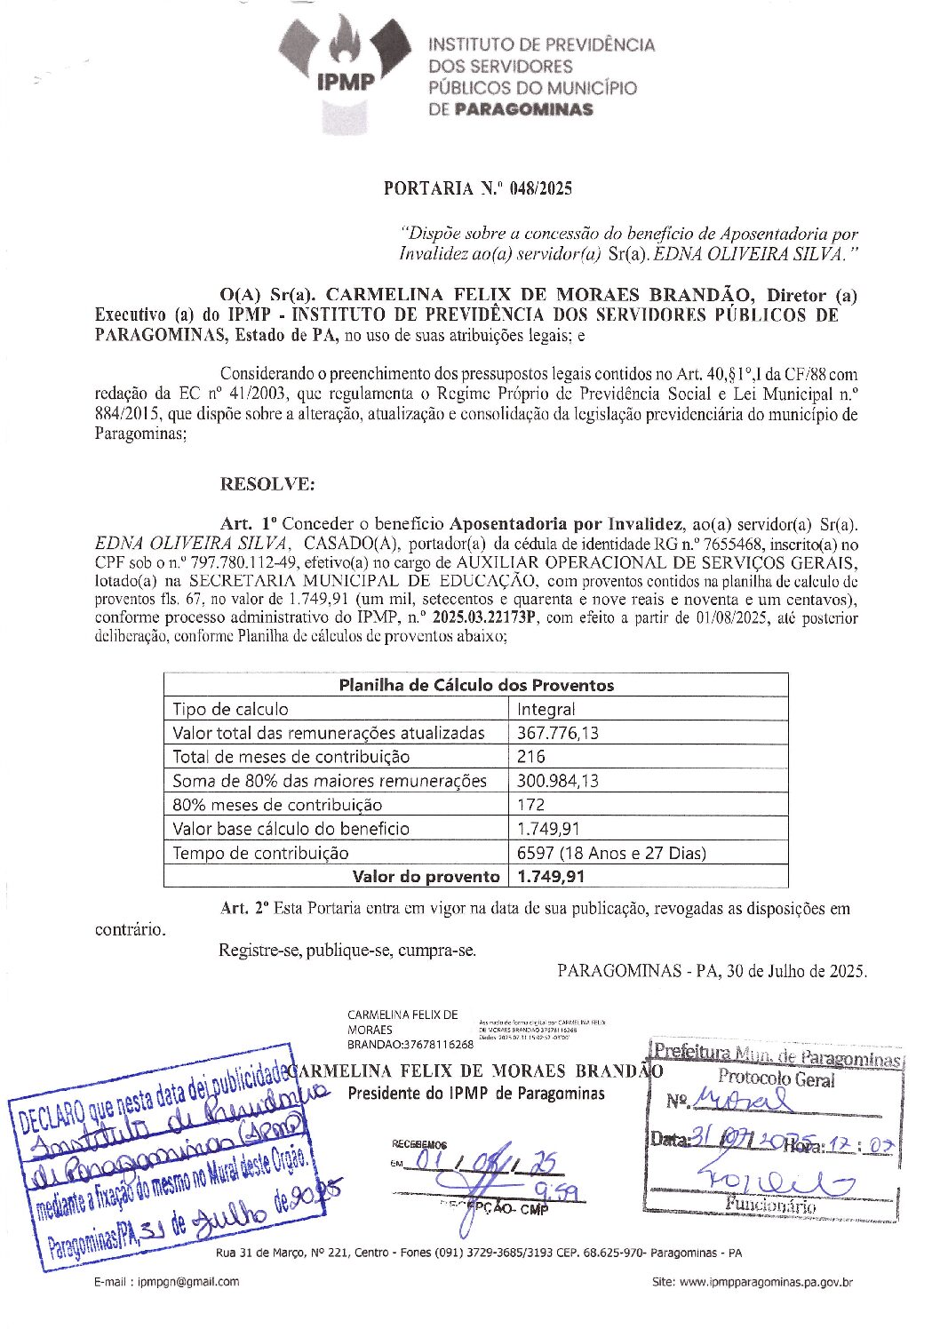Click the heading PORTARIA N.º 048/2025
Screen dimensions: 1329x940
click(477, 188)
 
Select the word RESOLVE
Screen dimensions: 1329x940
click(267, 484)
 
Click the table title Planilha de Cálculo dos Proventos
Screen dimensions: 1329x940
click(476, 685)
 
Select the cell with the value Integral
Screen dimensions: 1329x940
click(546, 709)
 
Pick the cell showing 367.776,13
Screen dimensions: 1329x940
click(558, 733)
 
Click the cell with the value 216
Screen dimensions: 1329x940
click(531, 757)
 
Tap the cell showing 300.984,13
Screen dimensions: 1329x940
click(558, 781)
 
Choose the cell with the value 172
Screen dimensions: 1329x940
click(531, 805)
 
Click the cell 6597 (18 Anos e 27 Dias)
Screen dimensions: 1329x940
click(611, 853)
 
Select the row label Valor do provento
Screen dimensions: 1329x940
click(426, 877)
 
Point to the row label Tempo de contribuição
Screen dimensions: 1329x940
click(260, 853)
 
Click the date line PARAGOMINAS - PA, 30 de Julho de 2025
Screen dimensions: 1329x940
click(712, 971)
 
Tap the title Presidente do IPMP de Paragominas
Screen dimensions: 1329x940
click(475, 1093)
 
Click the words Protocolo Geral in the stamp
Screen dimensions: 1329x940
click(777, 1079)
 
